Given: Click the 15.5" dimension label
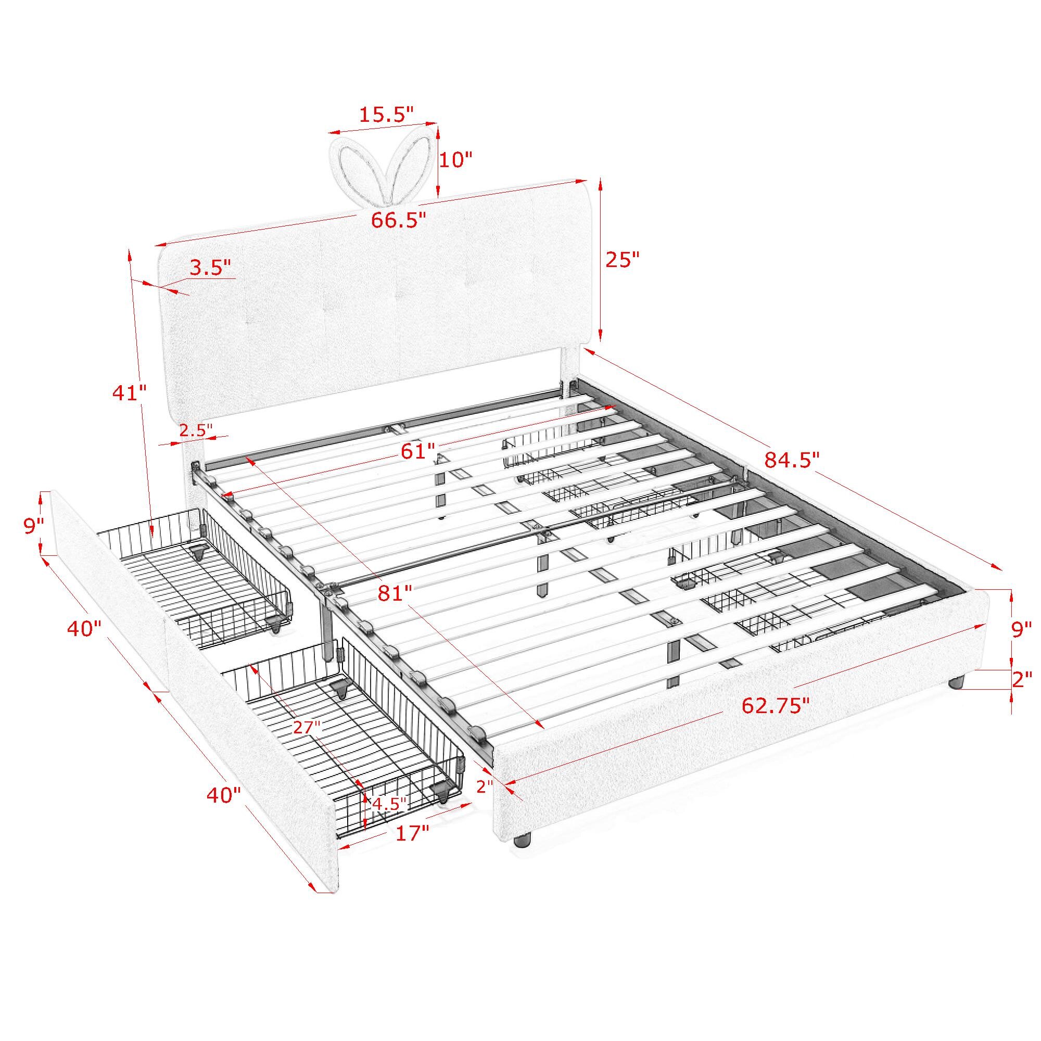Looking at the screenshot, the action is click(x=386, y=114).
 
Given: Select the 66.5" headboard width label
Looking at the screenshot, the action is click(x=399, y=219).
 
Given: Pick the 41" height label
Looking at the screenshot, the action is click(x=129, y=393).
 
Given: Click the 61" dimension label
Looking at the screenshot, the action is click(x=417, y=451).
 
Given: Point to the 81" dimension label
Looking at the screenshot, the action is click(x=395, y=593).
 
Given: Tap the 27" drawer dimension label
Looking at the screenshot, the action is click(x=307, y=727).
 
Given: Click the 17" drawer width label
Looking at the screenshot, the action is click(x=412, y=833).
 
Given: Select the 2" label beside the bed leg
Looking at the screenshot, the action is click(x=1022, y=679).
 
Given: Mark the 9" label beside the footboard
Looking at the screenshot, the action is click(x=1022, y=629).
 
